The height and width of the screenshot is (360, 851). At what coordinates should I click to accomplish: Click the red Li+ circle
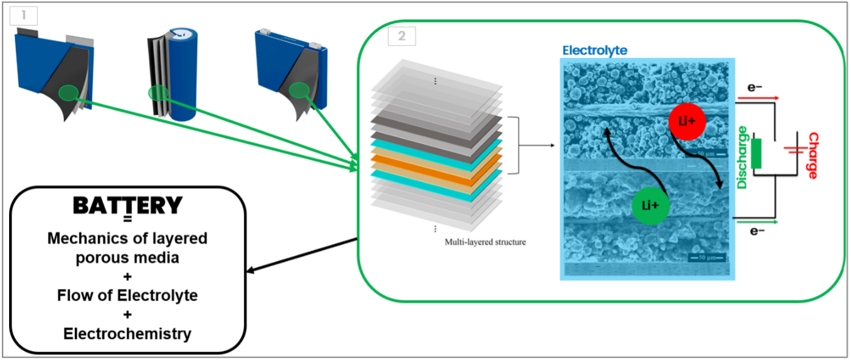click(x=687, y=122)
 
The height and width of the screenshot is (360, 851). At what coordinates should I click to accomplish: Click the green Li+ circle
click(x=651, y=206)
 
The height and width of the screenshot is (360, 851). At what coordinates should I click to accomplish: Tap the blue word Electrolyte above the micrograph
click(x=594, y=50)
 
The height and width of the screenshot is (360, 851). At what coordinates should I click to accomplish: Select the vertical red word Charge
click(x=812, y=155)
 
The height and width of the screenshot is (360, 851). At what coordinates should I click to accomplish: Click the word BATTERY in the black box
click(x=128, y=206)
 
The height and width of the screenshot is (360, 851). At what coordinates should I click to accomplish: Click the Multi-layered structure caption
click(x=485, y=242)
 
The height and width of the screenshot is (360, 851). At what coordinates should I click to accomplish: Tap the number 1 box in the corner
click(x=24, y=15)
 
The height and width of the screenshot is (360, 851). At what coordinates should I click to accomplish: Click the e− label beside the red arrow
click(x=755, y=87)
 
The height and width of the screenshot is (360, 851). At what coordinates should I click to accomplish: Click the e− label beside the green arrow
click(x=757, y=230)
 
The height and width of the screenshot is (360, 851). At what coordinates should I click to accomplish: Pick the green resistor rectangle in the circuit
click(x=757, y=153)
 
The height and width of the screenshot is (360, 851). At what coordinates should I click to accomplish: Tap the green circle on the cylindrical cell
click(x=158, y=93)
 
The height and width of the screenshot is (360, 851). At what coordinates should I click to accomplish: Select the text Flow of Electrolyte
click(x=127, y=296)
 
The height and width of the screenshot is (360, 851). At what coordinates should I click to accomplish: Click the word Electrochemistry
click(x=127, y=334)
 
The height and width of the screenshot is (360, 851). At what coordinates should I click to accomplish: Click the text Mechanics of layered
click(x=127, y=238)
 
